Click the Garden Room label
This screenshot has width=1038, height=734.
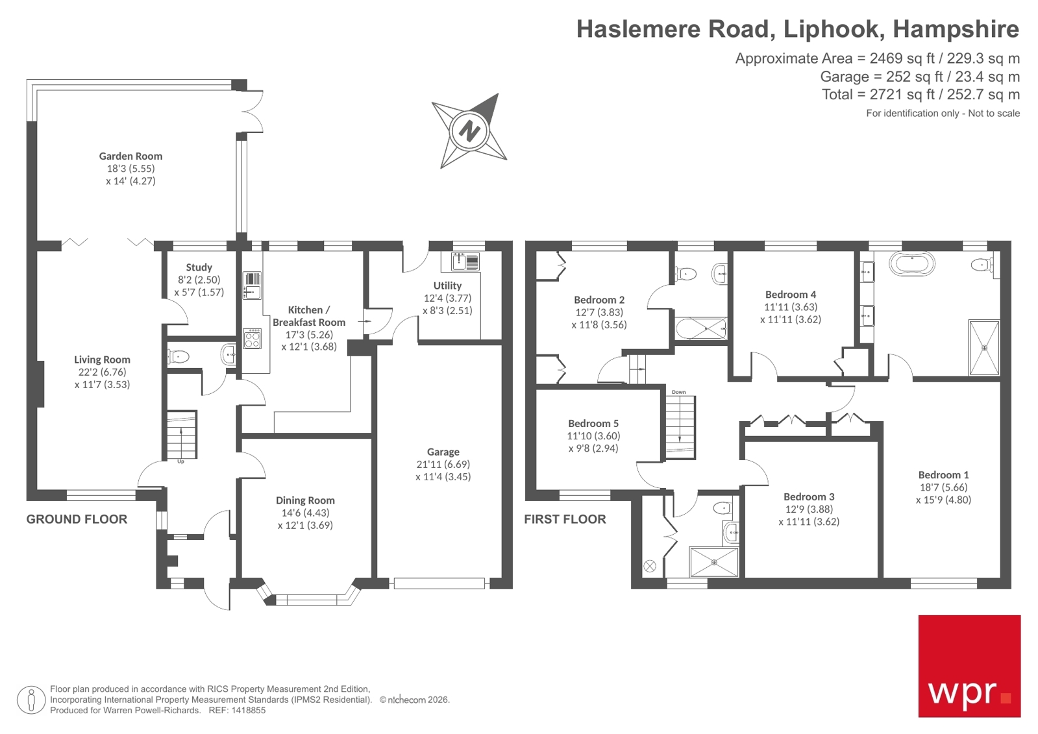130,156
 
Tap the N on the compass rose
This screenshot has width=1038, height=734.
469,130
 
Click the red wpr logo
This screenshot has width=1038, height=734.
969,666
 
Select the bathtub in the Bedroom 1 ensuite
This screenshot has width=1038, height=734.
912,264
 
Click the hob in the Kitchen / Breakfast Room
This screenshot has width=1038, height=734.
252,338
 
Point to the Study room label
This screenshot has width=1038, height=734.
199,267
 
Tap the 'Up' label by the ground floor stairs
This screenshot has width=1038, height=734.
180,461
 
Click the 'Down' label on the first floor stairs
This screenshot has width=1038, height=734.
678,392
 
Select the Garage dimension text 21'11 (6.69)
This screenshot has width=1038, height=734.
443,464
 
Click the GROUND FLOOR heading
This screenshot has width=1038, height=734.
77,519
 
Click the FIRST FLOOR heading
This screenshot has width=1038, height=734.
565,519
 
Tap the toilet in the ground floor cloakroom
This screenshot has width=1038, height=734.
179,356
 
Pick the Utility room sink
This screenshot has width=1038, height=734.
460,262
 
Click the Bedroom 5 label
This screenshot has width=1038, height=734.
593,423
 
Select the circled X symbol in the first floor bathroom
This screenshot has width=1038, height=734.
649,566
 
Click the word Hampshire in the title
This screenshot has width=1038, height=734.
956,29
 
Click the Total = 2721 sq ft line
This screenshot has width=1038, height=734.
920,95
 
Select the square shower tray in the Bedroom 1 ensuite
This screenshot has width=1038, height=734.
984,347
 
